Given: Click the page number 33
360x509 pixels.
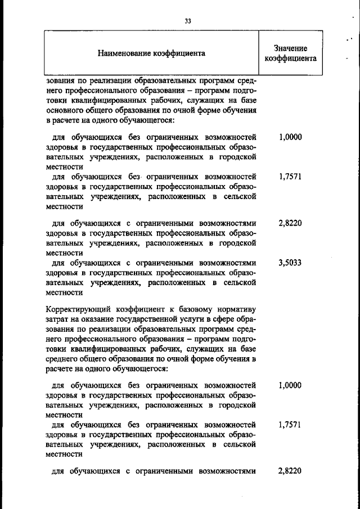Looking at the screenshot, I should pos(188,21).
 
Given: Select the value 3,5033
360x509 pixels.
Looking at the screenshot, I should pos(290,262).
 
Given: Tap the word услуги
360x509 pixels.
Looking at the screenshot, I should pos(195,318).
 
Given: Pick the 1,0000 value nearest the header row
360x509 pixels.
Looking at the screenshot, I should pos(290,136).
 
